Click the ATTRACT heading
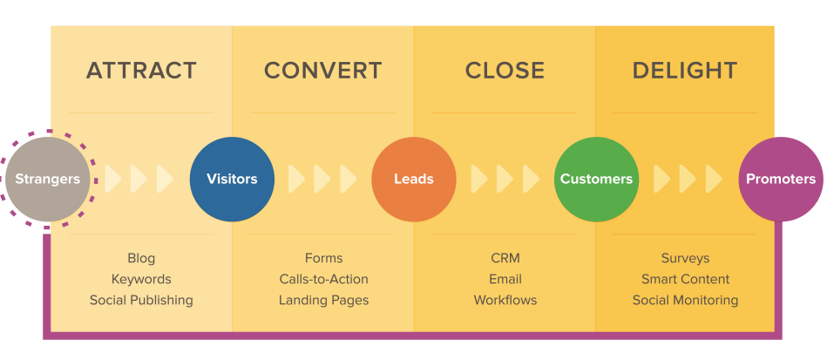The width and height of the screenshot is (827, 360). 141,71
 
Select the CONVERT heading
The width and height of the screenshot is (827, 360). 322,71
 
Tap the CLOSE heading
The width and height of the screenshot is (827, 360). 505,71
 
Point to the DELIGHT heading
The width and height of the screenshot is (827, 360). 685,71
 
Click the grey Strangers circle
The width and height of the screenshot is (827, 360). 48,179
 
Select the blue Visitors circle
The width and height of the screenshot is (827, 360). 232,179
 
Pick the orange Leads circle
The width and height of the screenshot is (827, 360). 413,179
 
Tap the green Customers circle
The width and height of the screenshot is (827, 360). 596,179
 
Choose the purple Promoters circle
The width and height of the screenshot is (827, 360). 780,179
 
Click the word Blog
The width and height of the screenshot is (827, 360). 141,258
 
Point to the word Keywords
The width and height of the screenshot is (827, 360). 141,279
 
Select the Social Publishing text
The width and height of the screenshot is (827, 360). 141,300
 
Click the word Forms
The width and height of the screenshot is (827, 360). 323,258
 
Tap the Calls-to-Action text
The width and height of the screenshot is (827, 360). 323,279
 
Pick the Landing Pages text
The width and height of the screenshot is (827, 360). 323,300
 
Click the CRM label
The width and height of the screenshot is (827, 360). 505,258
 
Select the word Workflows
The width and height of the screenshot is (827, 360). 505,300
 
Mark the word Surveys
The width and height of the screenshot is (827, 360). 685,258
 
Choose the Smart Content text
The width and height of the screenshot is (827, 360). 685,279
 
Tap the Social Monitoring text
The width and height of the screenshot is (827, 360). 685,300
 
